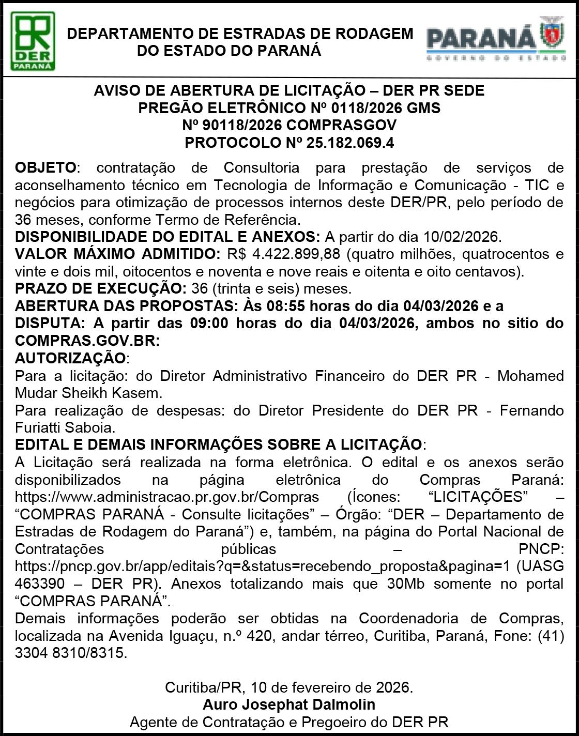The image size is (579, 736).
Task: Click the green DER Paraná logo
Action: [33, 41]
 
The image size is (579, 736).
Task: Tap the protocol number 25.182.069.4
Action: [350, 142]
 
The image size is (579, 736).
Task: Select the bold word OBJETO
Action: [45, 167]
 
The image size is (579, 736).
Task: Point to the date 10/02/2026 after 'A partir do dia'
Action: [460, 237]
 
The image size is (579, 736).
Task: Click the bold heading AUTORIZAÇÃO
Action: [70, 358]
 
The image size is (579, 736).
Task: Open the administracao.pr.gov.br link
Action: [167, 497]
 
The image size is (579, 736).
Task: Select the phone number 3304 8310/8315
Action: [70, 653]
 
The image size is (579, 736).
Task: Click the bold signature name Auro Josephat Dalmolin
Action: [289, 704]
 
